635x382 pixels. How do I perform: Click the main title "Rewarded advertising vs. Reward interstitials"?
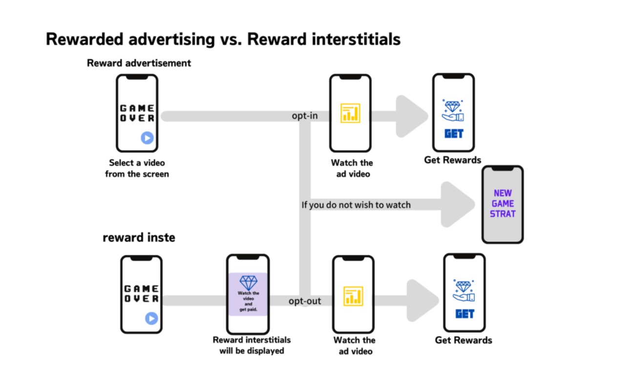click(x=223, y=39)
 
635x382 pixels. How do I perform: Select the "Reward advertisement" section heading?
click(x=139, y=63)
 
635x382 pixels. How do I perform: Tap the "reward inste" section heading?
click(x=139, y=238)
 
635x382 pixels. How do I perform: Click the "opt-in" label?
click(x=305, y=116)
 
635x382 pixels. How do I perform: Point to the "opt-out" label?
click(x=305, y=301)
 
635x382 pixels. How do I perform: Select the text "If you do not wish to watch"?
click(x=356, y=205)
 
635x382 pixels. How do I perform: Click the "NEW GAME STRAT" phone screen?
click(x=503, y=204)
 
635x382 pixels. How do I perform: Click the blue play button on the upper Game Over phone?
click(x=147, y=138)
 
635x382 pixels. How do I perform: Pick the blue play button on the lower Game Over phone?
click(x=151, y=318)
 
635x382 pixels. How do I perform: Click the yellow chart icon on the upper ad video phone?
click(x=350, y=113)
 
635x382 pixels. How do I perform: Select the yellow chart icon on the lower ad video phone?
click(x=353, y=296)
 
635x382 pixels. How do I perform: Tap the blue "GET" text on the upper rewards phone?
click(x=454, y=133)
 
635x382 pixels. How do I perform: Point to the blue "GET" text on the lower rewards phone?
click(x=465, y=314)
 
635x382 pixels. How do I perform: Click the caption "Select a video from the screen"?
click(x=137, y=168)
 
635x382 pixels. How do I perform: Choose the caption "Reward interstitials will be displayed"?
click(x=252, y=345)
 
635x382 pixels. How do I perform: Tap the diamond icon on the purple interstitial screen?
click(x=248, y=282)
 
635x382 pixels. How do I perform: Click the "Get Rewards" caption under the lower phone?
click(x=464, y=340)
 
